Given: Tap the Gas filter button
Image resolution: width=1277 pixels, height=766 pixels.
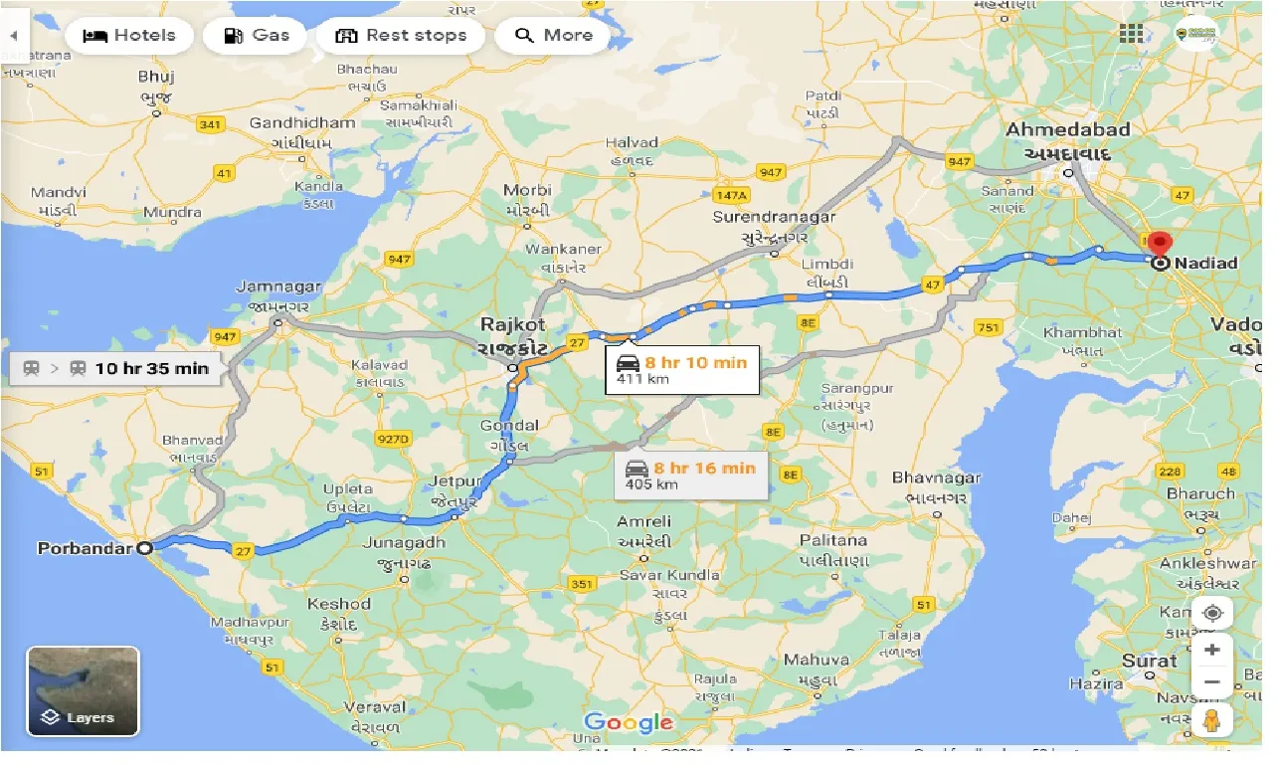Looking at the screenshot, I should pyautogui.click(x=254, y=36).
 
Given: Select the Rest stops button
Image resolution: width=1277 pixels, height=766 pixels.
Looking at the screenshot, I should pyautogui.click(x=401, y=36).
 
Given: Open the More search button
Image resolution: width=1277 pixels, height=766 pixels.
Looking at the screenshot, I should pyautogui.click(x=553, y=36).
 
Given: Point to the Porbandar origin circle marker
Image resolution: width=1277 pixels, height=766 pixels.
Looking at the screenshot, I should pyautogui.click(x=145, y=548).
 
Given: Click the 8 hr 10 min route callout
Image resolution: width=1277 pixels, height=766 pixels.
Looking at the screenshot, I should pyautogui.click(x=682, y=370).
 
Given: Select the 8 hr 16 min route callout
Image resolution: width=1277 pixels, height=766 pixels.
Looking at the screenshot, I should pyautogui.click(x=691, y=475).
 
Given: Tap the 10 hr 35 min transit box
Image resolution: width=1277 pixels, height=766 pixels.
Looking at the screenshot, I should pyautogui.click(x=115, y=368).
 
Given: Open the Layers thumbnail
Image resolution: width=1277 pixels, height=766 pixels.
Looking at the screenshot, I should pyautogui.click(x=84, y=691).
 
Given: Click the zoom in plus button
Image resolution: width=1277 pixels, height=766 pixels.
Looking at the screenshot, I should pyautogui.click(x=1211, y=651).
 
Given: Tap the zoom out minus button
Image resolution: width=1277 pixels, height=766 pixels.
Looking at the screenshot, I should pyautogui.click(x=1211, y=683).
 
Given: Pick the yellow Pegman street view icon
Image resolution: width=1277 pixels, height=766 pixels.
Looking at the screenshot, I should pyautogui.click(x=1211, y=720).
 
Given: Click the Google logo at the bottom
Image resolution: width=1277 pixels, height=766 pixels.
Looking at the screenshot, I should pyautogui.click(x=628, y=723).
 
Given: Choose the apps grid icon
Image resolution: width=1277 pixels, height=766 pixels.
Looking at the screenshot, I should pyautogui.click(x=1131, y=34).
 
